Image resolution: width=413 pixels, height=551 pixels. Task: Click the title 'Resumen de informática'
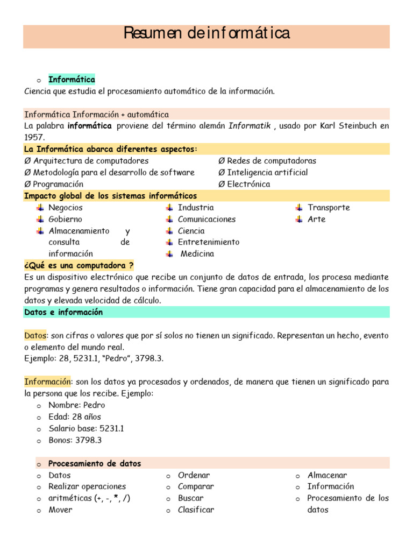point(206,33)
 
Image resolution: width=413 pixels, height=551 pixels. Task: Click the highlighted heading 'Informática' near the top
point(72,80)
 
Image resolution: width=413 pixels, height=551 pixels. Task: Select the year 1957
point(34,137)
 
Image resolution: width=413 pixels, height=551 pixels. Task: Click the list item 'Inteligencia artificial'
point(267,172)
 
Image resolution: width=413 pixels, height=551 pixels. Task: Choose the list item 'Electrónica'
point(248,184)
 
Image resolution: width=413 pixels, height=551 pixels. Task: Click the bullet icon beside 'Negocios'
point(40,208)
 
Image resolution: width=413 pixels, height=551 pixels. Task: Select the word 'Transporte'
point(329,208)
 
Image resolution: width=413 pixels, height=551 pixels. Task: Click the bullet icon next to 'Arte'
point(299,220)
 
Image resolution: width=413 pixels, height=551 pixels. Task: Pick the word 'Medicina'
point(197,253)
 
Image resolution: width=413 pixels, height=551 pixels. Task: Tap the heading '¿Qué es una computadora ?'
point(79,265)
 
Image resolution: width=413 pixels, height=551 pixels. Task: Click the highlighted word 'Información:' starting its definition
point(48,382)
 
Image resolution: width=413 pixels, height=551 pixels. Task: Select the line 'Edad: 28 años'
point(74,416)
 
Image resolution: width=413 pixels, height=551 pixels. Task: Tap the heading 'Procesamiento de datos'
point(95,463)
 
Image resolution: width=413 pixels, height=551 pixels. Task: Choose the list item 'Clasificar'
point(196,510)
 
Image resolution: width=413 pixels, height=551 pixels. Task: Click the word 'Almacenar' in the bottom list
point(327,475)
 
